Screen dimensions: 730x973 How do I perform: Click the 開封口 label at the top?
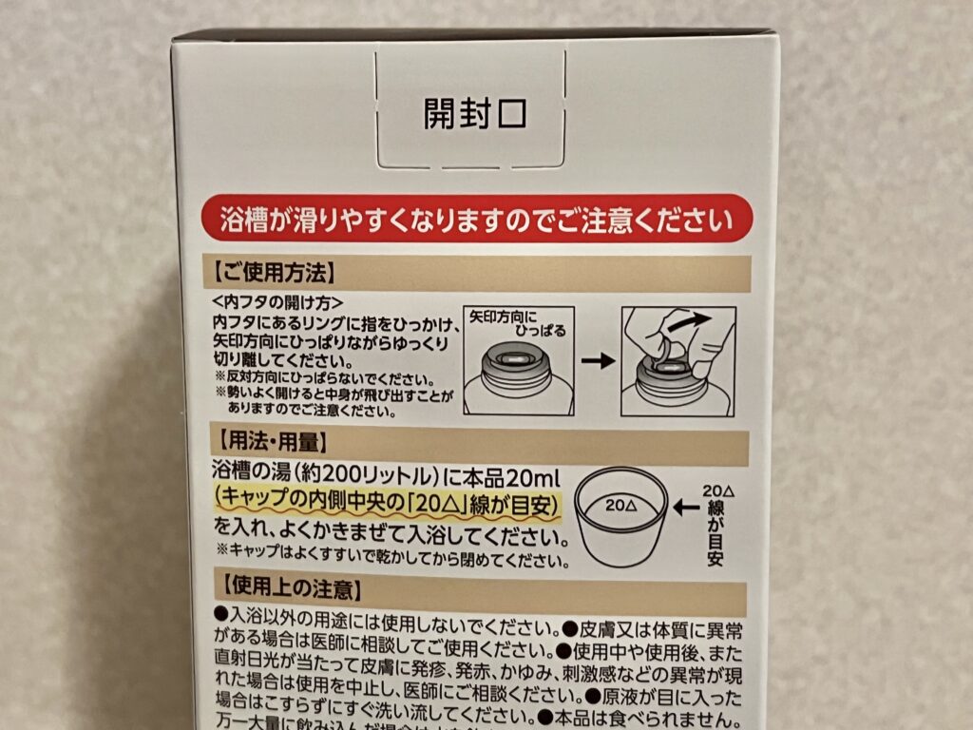click(x=474, y=113)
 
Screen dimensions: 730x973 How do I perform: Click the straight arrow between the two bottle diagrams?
click(x=597, y=361)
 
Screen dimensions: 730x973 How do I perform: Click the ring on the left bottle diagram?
click(x=518, y=358)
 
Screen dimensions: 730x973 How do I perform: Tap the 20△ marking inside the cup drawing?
click(x=619, y=506)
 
